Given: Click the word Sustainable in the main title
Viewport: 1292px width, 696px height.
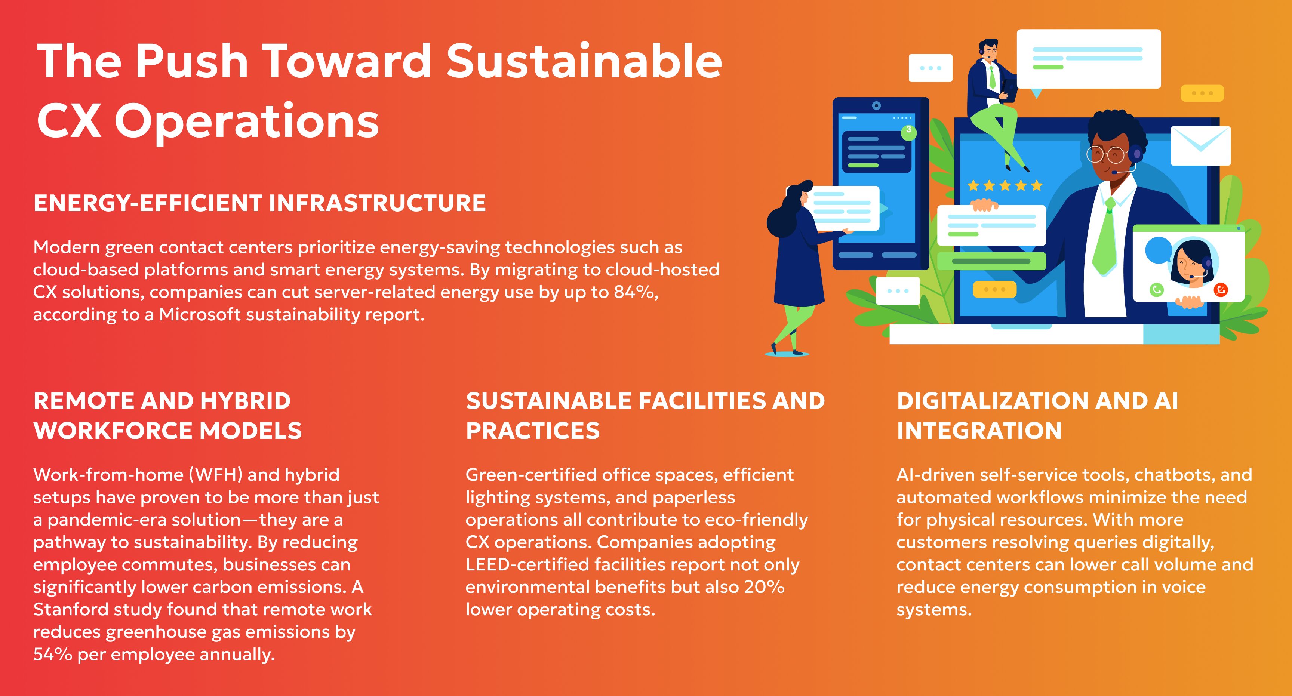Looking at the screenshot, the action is [x=584, y=61].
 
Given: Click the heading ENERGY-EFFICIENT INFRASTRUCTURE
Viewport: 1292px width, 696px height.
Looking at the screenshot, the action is [x=259, y=203].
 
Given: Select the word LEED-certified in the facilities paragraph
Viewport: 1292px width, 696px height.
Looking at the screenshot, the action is [x=527, y=565].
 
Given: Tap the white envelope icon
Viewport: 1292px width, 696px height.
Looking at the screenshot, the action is [x=1201, y=145].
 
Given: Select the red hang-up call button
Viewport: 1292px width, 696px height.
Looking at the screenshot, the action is [x=1220, y=290].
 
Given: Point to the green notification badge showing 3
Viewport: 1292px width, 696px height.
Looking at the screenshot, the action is [x=908, y=131].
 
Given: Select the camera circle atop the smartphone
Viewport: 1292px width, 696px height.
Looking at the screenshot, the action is [x=876, y=105].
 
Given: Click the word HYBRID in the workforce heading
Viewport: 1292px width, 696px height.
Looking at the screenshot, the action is [x=245, y=401].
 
